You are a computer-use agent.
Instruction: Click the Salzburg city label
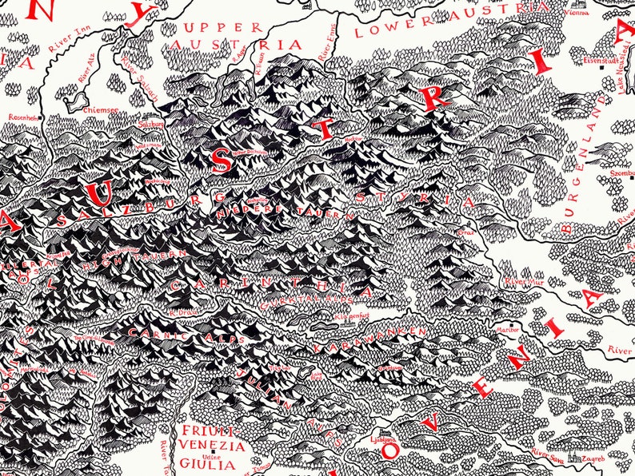point(151,125)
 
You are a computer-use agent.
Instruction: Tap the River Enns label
point(327,53)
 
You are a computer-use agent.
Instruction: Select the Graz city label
point(466,232)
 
